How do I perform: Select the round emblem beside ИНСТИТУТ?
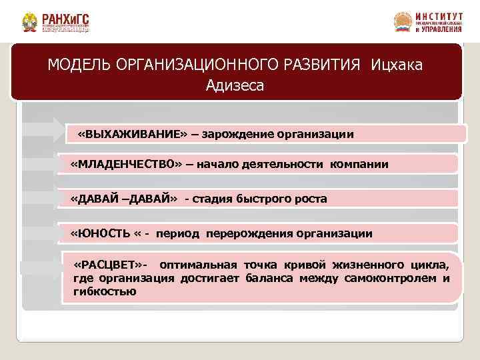coord(403,22)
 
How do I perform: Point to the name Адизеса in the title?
coord(235,85)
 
